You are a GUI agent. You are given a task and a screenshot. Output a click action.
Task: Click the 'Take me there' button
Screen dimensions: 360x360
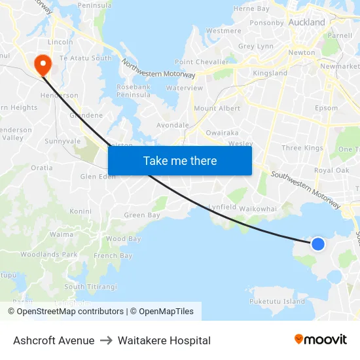(x=180, y=161)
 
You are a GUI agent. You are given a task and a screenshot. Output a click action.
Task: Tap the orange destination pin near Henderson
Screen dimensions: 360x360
(x=43, y=64)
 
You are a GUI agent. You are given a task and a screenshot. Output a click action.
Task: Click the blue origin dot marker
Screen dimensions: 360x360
(x=317, y=244)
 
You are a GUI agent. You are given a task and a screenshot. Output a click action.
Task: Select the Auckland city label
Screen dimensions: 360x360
(x=306, y=22)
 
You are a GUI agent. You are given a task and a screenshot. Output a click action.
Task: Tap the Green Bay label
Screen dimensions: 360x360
(x=142, y=215)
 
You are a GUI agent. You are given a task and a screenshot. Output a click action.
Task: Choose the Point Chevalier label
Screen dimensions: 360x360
(x=202, y=62)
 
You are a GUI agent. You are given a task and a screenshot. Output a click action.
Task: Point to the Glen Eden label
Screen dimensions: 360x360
(x=98, y=177)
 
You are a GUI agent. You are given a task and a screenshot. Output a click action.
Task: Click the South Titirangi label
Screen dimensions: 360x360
(x=92, y=287)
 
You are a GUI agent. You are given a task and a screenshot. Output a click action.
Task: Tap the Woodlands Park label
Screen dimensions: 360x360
(x=49, y=255)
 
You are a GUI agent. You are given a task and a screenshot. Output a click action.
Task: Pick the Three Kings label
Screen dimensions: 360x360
(x=302, y=148)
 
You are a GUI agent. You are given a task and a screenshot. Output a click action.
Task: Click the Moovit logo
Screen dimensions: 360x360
(x=320, y=340)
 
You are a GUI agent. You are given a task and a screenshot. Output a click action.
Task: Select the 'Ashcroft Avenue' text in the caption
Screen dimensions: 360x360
(x=54, y=340)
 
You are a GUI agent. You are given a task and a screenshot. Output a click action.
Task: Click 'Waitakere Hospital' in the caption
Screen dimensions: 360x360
(x=164, y=340)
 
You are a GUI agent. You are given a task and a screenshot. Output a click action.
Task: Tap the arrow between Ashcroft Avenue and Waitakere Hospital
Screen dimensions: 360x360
(x=106, y=340)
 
